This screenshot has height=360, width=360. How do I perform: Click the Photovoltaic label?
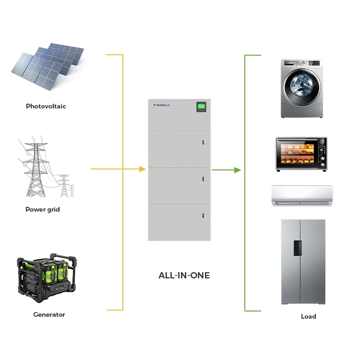click(x=46, y=106)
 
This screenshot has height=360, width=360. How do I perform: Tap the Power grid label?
click(x=43, y=209)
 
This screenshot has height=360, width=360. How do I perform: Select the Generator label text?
click(x=49, y=314)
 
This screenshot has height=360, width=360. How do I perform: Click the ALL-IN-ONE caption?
click(x=184, y=276)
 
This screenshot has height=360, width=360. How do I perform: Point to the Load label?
click(x=309, y=316)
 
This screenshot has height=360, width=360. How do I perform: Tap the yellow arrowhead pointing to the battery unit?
click(x=142, y=169)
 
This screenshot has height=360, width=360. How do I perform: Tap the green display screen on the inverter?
click(x=201, y=106)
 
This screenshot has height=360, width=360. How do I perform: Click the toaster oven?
click(x=301, y=154)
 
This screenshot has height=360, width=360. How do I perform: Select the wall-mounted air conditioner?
click(x=302, y=196)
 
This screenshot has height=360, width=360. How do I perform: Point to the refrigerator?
click(x=303, y=262)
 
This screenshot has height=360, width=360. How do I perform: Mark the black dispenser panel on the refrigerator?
click(x=298, y=247)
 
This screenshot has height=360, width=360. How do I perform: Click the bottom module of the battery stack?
click(x=180, y=222)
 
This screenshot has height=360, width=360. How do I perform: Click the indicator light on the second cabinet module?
click(x=203, y=143)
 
